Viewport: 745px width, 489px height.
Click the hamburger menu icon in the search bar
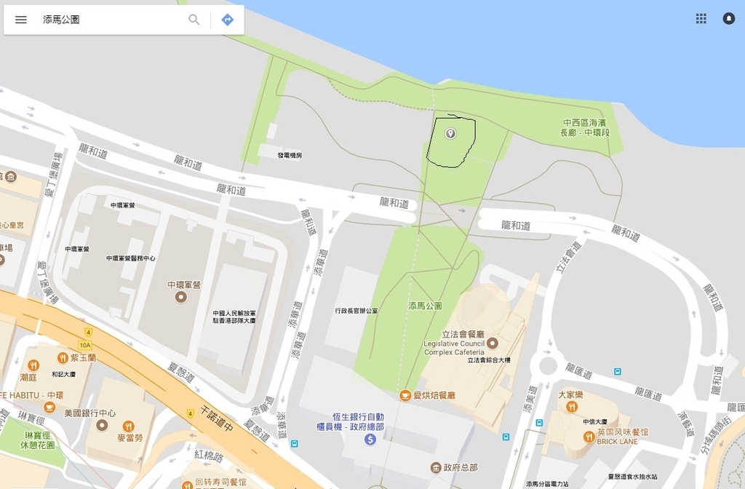tap(21, 20)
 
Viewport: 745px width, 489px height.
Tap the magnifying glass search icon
tap(194, 20)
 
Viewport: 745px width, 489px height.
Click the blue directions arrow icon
tap(228, 20)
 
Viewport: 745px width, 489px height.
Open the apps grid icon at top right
tap(701, 19)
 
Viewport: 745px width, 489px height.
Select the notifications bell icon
tap(728, 19)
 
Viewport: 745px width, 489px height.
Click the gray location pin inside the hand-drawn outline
tap(450, 133)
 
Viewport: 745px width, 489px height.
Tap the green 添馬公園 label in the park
tap(426, 306)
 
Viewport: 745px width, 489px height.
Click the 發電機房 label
tap(290, 155)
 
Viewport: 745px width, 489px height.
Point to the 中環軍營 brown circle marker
tap(180, 297)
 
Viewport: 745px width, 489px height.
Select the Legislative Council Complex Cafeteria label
tap(454, 348)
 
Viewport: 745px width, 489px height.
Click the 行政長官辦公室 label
tap(356, 311)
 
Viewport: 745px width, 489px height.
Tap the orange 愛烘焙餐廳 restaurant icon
tap(405, 395)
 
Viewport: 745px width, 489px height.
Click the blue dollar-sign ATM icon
tap(370, 440)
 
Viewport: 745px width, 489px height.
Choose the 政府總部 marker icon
tap(435, 467)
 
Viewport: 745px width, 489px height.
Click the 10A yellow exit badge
tap(85, 345)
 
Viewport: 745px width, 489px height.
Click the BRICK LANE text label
tap(618, 442)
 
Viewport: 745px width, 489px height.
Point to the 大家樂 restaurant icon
tap(572, 407)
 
